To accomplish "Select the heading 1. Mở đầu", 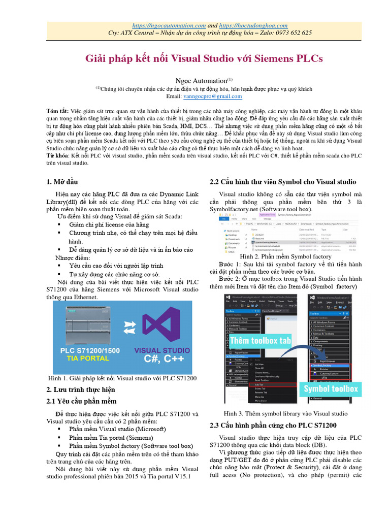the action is click(62, 182).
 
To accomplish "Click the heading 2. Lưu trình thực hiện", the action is click(81, 389).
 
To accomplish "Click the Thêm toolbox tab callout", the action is click(260, 341).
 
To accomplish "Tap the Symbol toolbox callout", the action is click(331, 389).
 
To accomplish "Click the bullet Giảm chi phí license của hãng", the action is click(109, 225).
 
